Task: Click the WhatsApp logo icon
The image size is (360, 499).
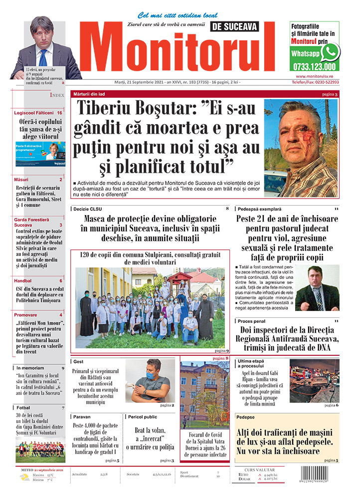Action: (x=331, y=51)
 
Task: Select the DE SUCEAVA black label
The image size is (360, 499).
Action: (x=243, y=26)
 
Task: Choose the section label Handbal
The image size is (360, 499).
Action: (x=23, y=280)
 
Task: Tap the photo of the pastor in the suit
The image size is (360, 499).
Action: (x=317, y=288)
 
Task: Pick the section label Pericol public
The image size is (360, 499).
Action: (x=145, y=416)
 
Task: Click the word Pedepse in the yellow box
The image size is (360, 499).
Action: (x=246, y=417)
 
